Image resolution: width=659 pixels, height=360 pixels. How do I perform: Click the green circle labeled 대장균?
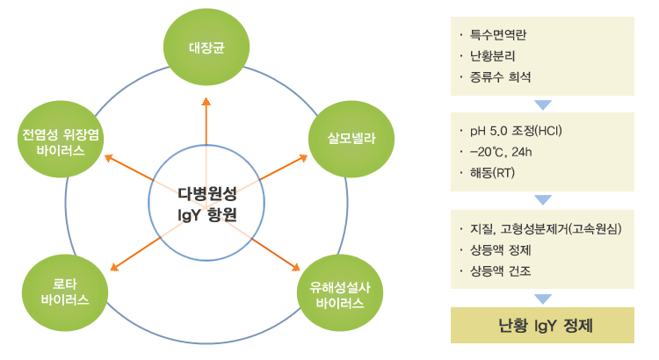(x=206, y=47)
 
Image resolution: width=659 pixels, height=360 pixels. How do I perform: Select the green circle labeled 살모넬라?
(x=351, y=139)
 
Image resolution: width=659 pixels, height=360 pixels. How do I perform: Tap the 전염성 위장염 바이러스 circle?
(x=61, y=139)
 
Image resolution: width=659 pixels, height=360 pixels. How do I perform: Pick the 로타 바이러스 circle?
(x=65, y=292)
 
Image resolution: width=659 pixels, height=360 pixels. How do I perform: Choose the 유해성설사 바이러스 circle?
(x=340, y=292)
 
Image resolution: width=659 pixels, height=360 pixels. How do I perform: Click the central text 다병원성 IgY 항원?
(x=207, y=205)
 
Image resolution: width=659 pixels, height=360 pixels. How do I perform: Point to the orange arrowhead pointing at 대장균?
(x=206, y=101)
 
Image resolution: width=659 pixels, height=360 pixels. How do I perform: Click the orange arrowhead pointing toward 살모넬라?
(x=303, y=158)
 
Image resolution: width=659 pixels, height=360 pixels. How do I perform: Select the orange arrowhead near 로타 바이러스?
(x=114, y=267)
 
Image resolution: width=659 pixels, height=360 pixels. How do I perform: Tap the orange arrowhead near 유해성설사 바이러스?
(x=296, y=267)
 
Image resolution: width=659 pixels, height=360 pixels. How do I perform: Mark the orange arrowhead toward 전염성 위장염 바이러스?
(x=109, y=157)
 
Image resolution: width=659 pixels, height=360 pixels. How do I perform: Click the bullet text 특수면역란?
(x=498, y=34)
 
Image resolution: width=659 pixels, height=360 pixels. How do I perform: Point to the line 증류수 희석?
(x=500, y=77)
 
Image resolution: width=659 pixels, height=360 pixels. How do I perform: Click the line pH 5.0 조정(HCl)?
(x=516, y=131)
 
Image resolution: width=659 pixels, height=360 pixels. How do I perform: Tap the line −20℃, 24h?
(x=501, y=152)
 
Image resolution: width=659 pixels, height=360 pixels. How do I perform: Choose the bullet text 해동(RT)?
(x=492, y=173)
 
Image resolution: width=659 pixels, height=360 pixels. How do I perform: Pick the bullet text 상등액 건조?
(x=500, y=271)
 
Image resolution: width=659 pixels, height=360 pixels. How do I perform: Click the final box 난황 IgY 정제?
(x=542, y=325)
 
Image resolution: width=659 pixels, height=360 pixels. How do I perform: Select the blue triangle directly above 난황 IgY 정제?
(x=543, y=299)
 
